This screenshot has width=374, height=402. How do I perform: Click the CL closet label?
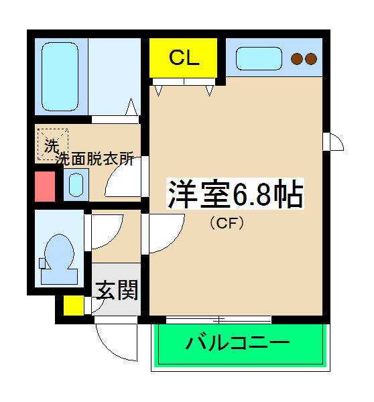184,58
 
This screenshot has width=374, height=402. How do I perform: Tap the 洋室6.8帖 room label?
235,194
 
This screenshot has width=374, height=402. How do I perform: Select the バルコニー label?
238,344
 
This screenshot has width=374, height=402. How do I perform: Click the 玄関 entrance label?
117,291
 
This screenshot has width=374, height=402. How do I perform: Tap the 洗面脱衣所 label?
95,159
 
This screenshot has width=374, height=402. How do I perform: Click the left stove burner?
297,59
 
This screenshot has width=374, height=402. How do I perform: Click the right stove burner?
310,59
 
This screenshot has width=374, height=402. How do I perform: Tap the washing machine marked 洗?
52,143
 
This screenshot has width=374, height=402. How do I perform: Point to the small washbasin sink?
76,184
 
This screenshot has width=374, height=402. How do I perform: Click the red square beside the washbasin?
44,186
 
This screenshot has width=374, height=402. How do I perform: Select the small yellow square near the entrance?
73,305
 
